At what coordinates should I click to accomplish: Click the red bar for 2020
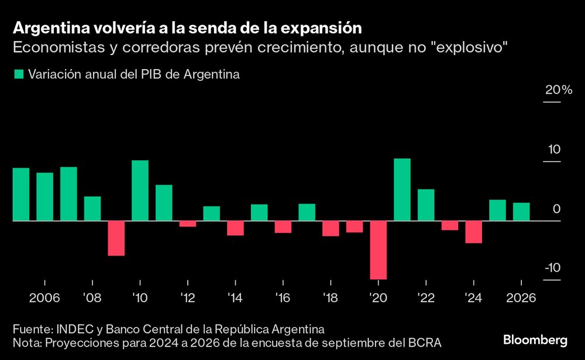378,250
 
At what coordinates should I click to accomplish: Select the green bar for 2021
402,190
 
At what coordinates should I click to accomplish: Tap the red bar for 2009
116,238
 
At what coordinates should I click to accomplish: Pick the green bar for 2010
140,190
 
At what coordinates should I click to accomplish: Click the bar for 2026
521,212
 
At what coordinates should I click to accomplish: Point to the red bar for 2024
473,232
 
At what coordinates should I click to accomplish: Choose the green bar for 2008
92,208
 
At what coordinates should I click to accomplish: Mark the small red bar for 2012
188,224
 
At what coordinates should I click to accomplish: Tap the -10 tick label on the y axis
552,268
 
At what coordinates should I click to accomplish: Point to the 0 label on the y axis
556,209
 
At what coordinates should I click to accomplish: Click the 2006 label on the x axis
44,297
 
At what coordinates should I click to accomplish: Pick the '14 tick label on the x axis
235,297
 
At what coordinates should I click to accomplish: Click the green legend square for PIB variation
18,74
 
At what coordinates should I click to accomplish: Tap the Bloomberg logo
535,340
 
